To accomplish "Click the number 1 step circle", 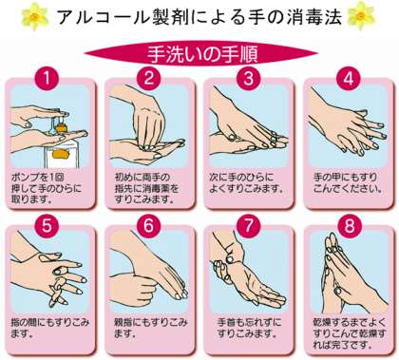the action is point(47,78).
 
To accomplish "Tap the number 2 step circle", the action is point(149,78).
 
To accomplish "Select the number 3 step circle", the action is point(249,78).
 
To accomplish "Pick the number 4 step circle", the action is point(349,78).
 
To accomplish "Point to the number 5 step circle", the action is point(47,226).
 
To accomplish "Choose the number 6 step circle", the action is point(148,226).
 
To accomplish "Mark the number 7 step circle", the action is point(249,226).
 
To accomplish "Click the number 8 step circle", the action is point(349,226).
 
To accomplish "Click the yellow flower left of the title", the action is point(35,16).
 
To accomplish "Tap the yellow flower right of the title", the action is point(361,16).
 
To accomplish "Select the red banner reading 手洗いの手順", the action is point(201,54).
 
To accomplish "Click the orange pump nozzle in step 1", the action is point(62,126).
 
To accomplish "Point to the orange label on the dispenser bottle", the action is point(60,153).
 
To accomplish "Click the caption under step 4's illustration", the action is point(348,182).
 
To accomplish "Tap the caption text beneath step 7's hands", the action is point(249,328).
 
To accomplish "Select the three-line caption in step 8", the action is point(350,333).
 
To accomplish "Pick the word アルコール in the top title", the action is point(104,17).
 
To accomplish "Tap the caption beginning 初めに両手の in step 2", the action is point(146,188).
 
